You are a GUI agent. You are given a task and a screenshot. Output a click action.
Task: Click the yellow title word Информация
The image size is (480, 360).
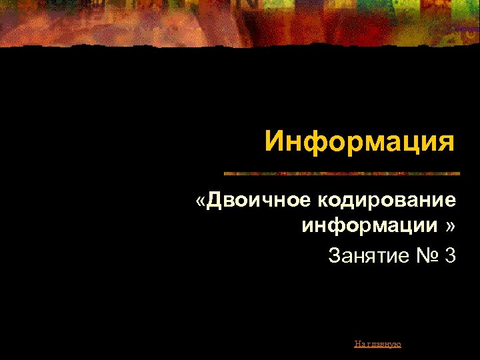pos(359,141)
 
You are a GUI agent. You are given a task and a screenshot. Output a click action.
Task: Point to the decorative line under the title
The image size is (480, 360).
pos(341,173)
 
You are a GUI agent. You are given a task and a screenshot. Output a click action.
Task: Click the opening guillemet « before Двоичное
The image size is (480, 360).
pos(201,201)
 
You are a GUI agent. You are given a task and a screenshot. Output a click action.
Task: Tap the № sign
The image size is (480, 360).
pos(425,255)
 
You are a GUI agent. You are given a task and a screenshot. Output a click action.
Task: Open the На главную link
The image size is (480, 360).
pos(377,344)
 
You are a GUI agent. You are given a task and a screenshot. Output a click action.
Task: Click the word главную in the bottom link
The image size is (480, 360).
pos(384,344)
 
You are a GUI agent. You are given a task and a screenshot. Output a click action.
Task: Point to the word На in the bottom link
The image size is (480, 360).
pos(360,344)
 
